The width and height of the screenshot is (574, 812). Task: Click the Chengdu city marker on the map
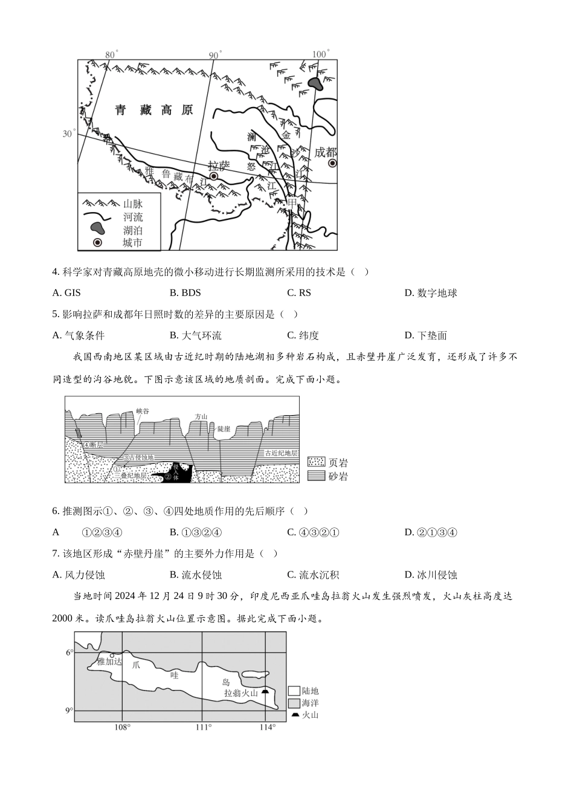pos(332,164)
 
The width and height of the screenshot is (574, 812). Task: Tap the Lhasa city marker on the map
pos(213,176)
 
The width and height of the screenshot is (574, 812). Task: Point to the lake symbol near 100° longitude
pos(315,83)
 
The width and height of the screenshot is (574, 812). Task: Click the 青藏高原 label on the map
pos(154,110)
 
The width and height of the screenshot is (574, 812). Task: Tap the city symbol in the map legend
pos(97,242)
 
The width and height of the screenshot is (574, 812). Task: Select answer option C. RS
pos(298,293)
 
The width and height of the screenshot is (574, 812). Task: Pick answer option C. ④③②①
pos(313,532)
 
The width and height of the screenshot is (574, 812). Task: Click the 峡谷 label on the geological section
pos(143,411)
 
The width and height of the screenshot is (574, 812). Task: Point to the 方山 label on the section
pos(201,416)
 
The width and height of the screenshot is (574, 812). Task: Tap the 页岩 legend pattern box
pos(316,462)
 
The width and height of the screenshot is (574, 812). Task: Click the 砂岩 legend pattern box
pos(316,476)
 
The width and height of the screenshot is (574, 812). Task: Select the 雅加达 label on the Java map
pos(109,662)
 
